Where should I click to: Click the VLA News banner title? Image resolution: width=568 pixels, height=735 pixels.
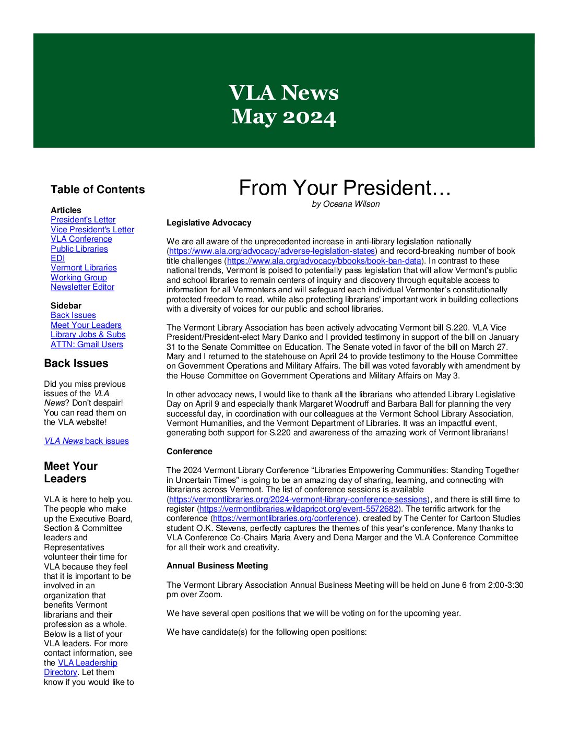pos(283,93)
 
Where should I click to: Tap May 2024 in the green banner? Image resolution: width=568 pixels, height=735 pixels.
pos(283,116)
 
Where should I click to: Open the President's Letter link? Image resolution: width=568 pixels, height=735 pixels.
pos(83,220)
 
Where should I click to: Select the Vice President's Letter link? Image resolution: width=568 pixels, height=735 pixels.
pos(92,230)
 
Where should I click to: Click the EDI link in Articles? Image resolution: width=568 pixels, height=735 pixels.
pos(57,258)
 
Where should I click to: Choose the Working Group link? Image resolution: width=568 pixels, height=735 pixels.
pos(79,278)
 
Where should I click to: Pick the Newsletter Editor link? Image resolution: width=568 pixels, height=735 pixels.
pos(82,287)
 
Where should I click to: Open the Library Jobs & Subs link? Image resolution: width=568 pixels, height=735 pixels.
pos(88,335)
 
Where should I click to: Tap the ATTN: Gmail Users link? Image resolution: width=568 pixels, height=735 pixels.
pos(87,345)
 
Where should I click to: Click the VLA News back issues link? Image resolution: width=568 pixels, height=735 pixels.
pos(87,441)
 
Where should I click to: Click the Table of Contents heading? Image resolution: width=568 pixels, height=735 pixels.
pos(98,189)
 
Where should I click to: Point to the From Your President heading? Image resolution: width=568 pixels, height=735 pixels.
pos(345,188)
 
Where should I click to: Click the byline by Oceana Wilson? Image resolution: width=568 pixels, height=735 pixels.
pos(346,204)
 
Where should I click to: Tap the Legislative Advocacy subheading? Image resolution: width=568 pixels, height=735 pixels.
pos(209,223)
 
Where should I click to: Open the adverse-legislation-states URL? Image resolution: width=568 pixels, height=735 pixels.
pos(272,251)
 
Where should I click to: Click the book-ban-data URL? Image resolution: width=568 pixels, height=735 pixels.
pos(324,261)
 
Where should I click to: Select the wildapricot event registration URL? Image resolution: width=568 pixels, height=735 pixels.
pos(299,509)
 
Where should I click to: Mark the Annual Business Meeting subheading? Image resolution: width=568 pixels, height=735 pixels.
pos(217,566)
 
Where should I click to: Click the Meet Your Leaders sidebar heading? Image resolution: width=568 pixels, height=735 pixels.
pos(71,472)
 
